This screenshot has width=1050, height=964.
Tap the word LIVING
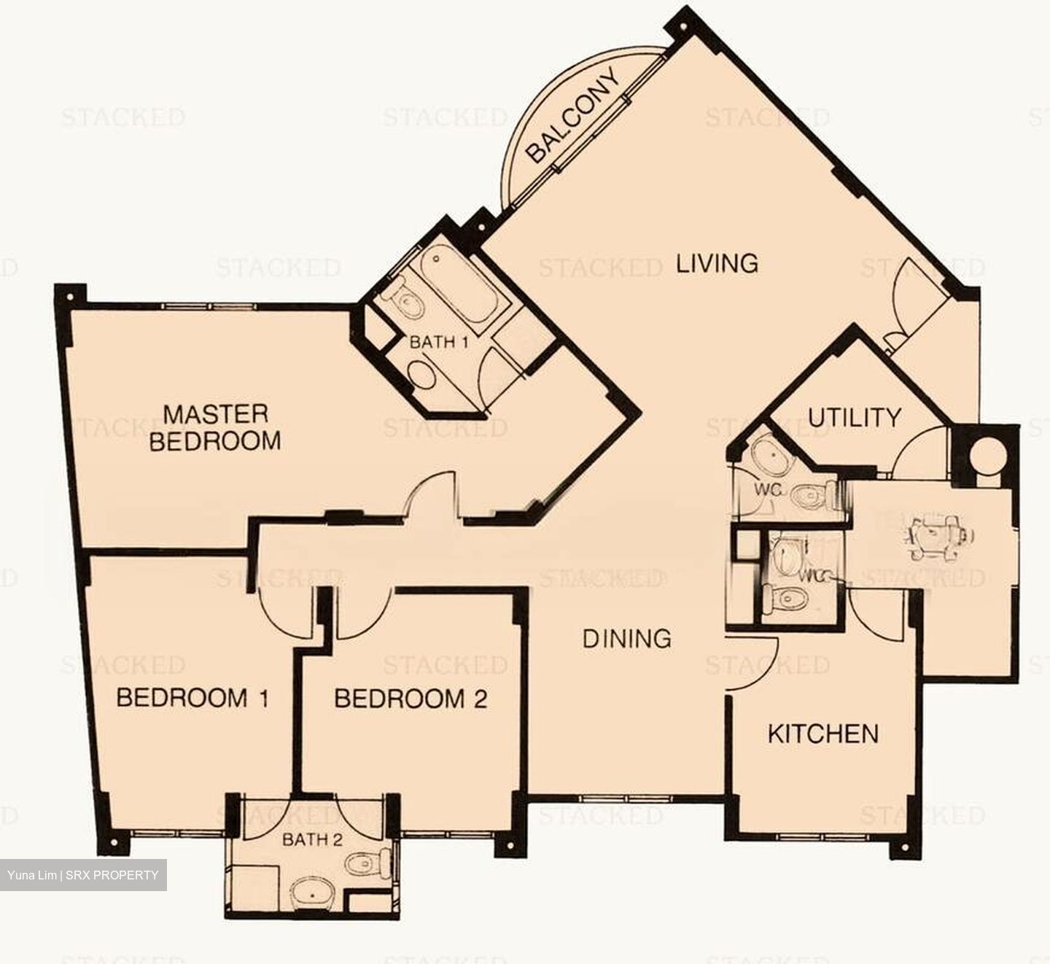pyautogui.click(x=717, y=263)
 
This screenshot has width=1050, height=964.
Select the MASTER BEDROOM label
pyautogui.click(x=215, y=427)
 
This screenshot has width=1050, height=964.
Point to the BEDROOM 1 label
pyautogui.click(x=192, y=698)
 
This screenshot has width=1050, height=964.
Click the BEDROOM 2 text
pyautogui.click(x=411, y=699)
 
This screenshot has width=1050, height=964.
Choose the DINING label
pyautogui.click(x=627, y=639)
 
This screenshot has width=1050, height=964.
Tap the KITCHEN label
pyautogui.click(x=823, y=733)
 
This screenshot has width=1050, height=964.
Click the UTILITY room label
pyautogui.click(x=854, y=418)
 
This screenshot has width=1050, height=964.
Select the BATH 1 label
pyautogui.click(x=438, y=341)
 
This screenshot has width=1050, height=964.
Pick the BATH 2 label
pyautogui.click(x=312, y=839)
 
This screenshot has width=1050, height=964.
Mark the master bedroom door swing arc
pyautogui.click(x=430, y=492)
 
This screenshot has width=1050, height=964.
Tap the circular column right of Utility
pyautogui.click(x=989, y=455)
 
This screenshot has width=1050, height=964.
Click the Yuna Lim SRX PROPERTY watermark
pyautogui.click(x=83, y=875)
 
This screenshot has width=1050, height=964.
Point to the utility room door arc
pyautogui.click(x=922, y=454)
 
